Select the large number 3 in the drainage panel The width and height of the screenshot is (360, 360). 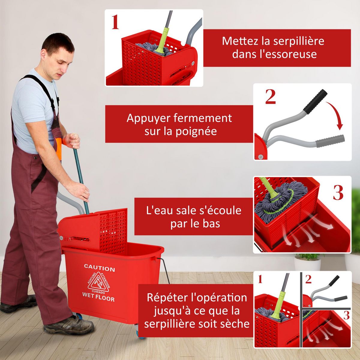[338, 193]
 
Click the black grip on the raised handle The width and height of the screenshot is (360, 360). [315, 101]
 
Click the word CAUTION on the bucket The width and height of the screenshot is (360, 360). [99, 267]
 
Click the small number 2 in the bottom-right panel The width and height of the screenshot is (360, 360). [308, 280]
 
